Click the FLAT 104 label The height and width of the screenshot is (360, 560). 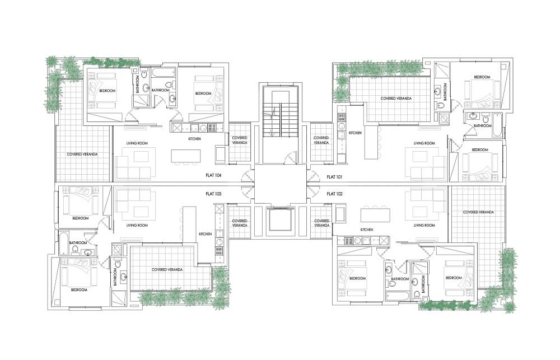tap(213, 175)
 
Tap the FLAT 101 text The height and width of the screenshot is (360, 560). tap(334, 177)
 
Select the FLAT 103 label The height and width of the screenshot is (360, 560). tap(213, 194)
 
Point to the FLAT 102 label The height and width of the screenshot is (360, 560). tap(335, 194)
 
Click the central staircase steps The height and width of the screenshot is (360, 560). tap(280, 120)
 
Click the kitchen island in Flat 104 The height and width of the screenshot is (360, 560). tap(185, 156)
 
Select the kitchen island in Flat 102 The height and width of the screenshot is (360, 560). tap(375, 215)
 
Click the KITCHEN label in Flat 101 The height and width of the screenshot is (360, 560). tap(355, 133)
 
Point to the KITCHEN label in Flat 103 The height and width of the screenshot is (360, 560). tap(206, 234)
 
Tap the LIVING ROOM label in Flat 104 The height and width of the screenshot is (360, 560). tap(137, 143)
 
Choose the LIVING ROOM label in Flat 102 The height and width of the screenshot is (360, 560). tap(424, 226)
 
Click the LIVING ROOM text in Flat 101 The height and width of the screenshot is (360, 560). tap(424, 143)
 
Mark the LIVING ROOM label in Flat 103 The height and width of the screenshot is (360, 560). tap(137, 226)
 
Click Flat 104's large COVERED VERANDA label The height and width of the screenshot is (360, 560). tap(82, 155)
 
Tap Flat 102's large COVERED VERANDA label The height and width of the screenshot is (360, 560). tap(478, 212)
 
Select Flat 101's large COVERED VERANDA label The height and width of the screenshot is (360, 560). tap(396, 99)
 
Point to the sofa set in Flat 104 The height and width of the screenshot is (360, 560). tap(136, 163)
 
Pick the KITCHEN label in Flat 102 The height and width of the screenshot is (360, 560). tap(367, 230)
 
